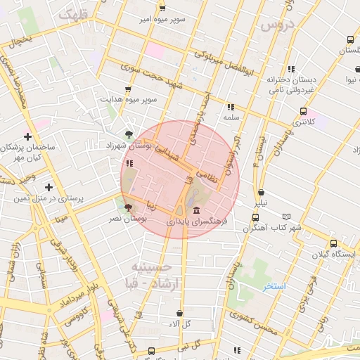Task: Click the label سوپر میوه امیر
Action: (162, 19)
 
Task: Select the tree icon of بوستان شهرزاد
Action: (128, 134)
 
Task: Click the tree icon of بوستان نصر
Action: (128, 207)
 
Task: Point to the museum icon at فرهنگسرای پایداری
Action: (195, 210)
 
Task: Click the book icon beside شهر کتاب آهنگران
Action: (285, 217)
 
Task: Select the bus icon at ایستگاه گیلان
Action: (333, 243)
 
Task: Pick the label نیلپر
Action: (261, 202)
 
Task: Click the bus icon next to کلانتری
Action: (303, 111)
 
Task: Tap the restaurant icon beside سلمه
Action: (230, 107)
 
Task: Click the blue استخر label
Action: (274, 286)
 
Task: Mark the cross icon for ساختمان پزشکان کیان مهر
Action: (27, 136)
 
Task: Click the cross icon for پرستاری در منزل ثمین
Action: (49, 187)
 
